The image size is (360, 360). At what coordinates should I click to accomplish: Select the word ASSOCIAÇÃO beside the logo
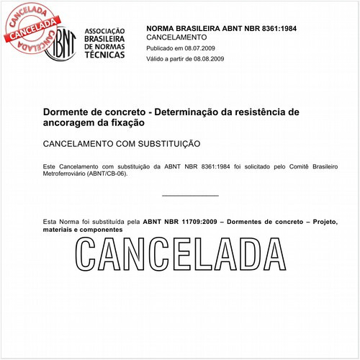[105, 31]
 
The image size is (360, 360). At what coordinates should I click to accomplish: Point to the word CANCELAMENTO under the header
[176, 37]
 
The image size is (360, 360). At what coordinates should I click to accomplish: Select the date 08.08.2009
[209, 58]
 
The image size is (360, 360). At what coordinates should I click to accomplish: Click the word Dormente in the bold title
[68, 112]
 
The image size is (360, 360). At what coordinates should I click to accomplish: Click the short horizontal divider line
[190, 195]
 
